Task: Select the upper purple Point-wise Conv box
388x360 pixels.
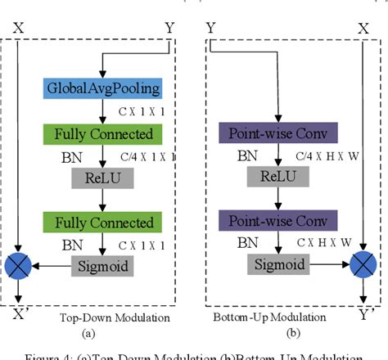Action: (263, 133)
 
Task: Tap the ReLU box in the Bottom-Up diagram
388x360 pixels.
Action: (264, 178)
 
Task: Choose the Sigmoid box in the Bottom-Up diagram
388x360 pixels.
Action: (264, 264)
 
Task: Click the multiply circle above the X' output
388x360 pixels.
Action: (18, 266)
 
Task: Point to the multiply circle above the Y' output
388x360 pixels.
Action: (363, 266)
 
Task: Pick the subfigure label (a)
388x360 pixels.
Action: (88, 333)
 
